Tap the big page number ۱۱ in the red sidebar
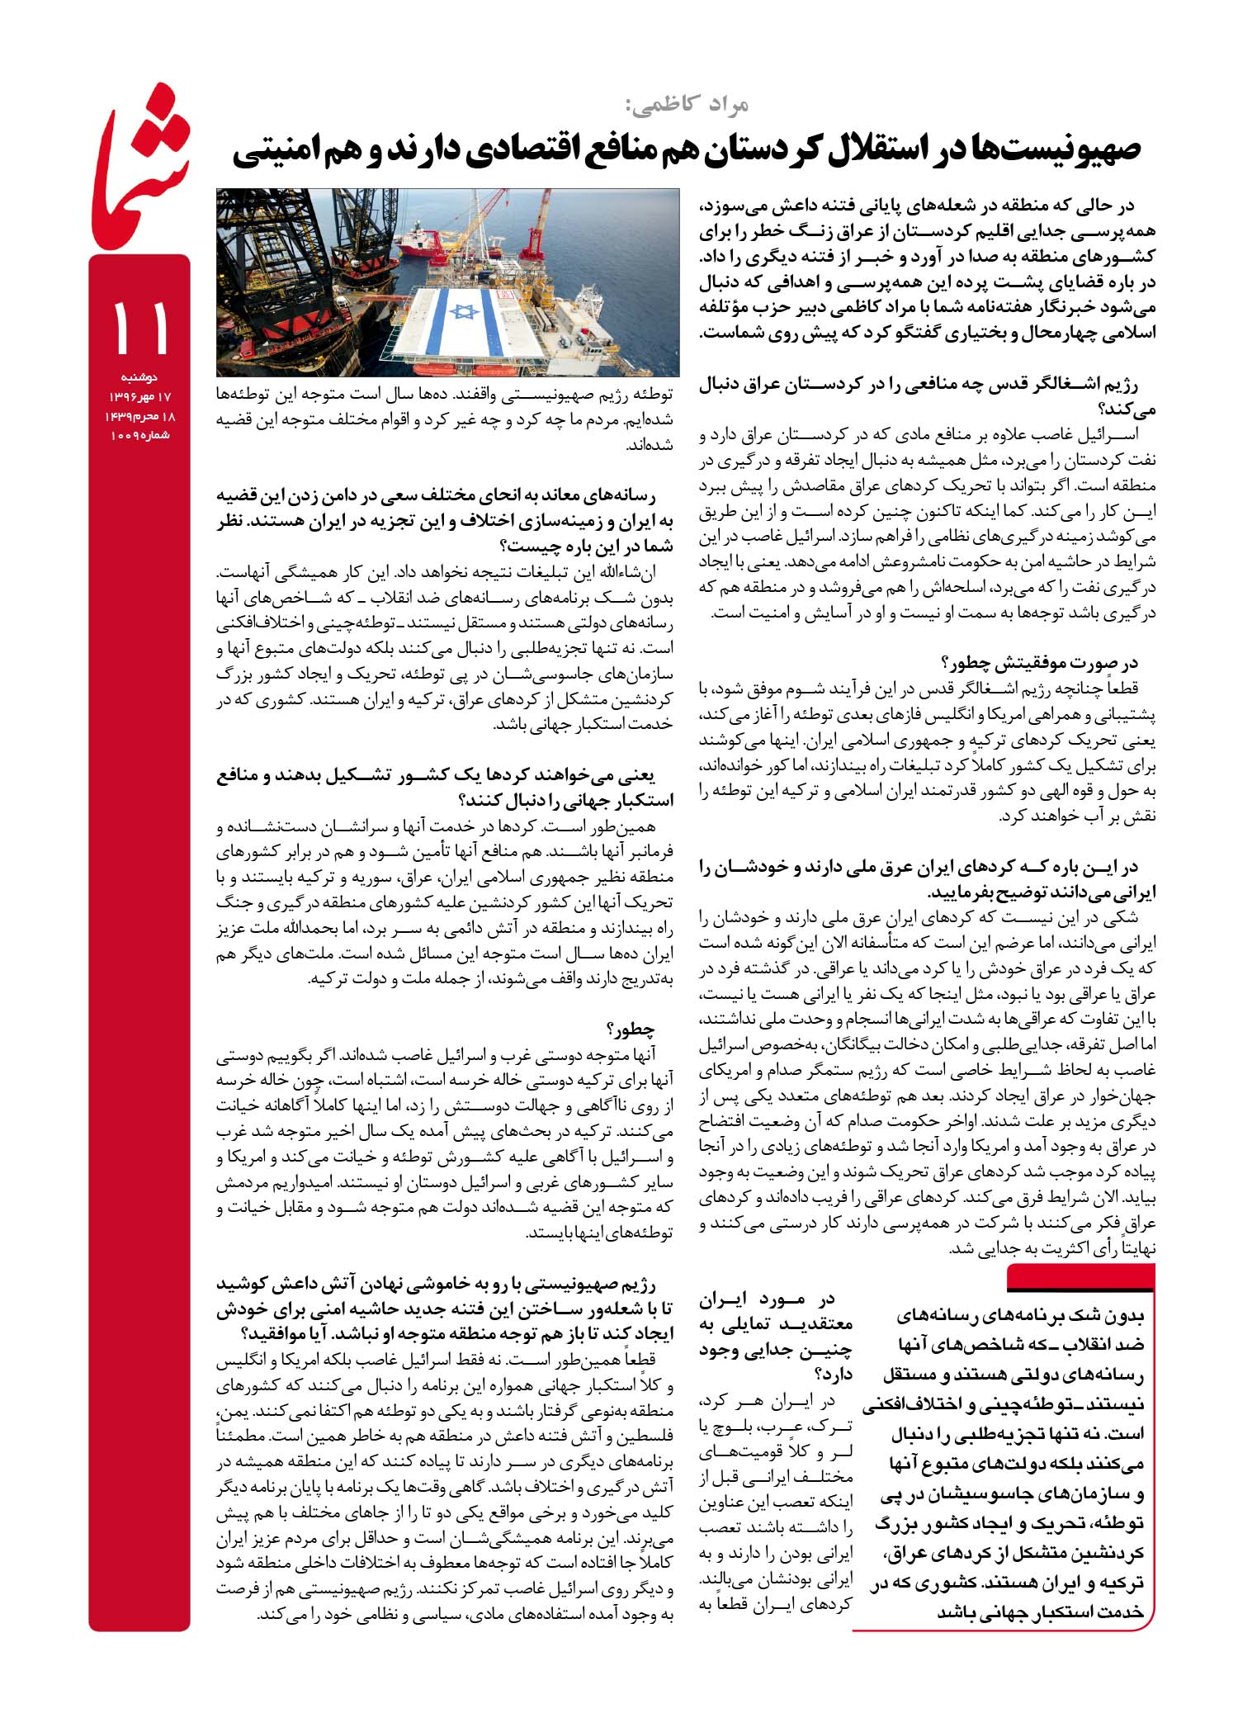tap(139, 328)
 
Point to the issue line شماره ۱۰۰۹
tap(139, 434)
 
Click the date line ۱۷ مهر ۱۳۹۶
tap(139, 397)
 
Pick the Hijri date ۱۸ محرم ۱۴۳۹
tap(139, 416)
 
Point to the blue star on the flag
tap(465, 311)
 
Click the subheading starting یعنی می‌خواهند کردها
tap(446, 788)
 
